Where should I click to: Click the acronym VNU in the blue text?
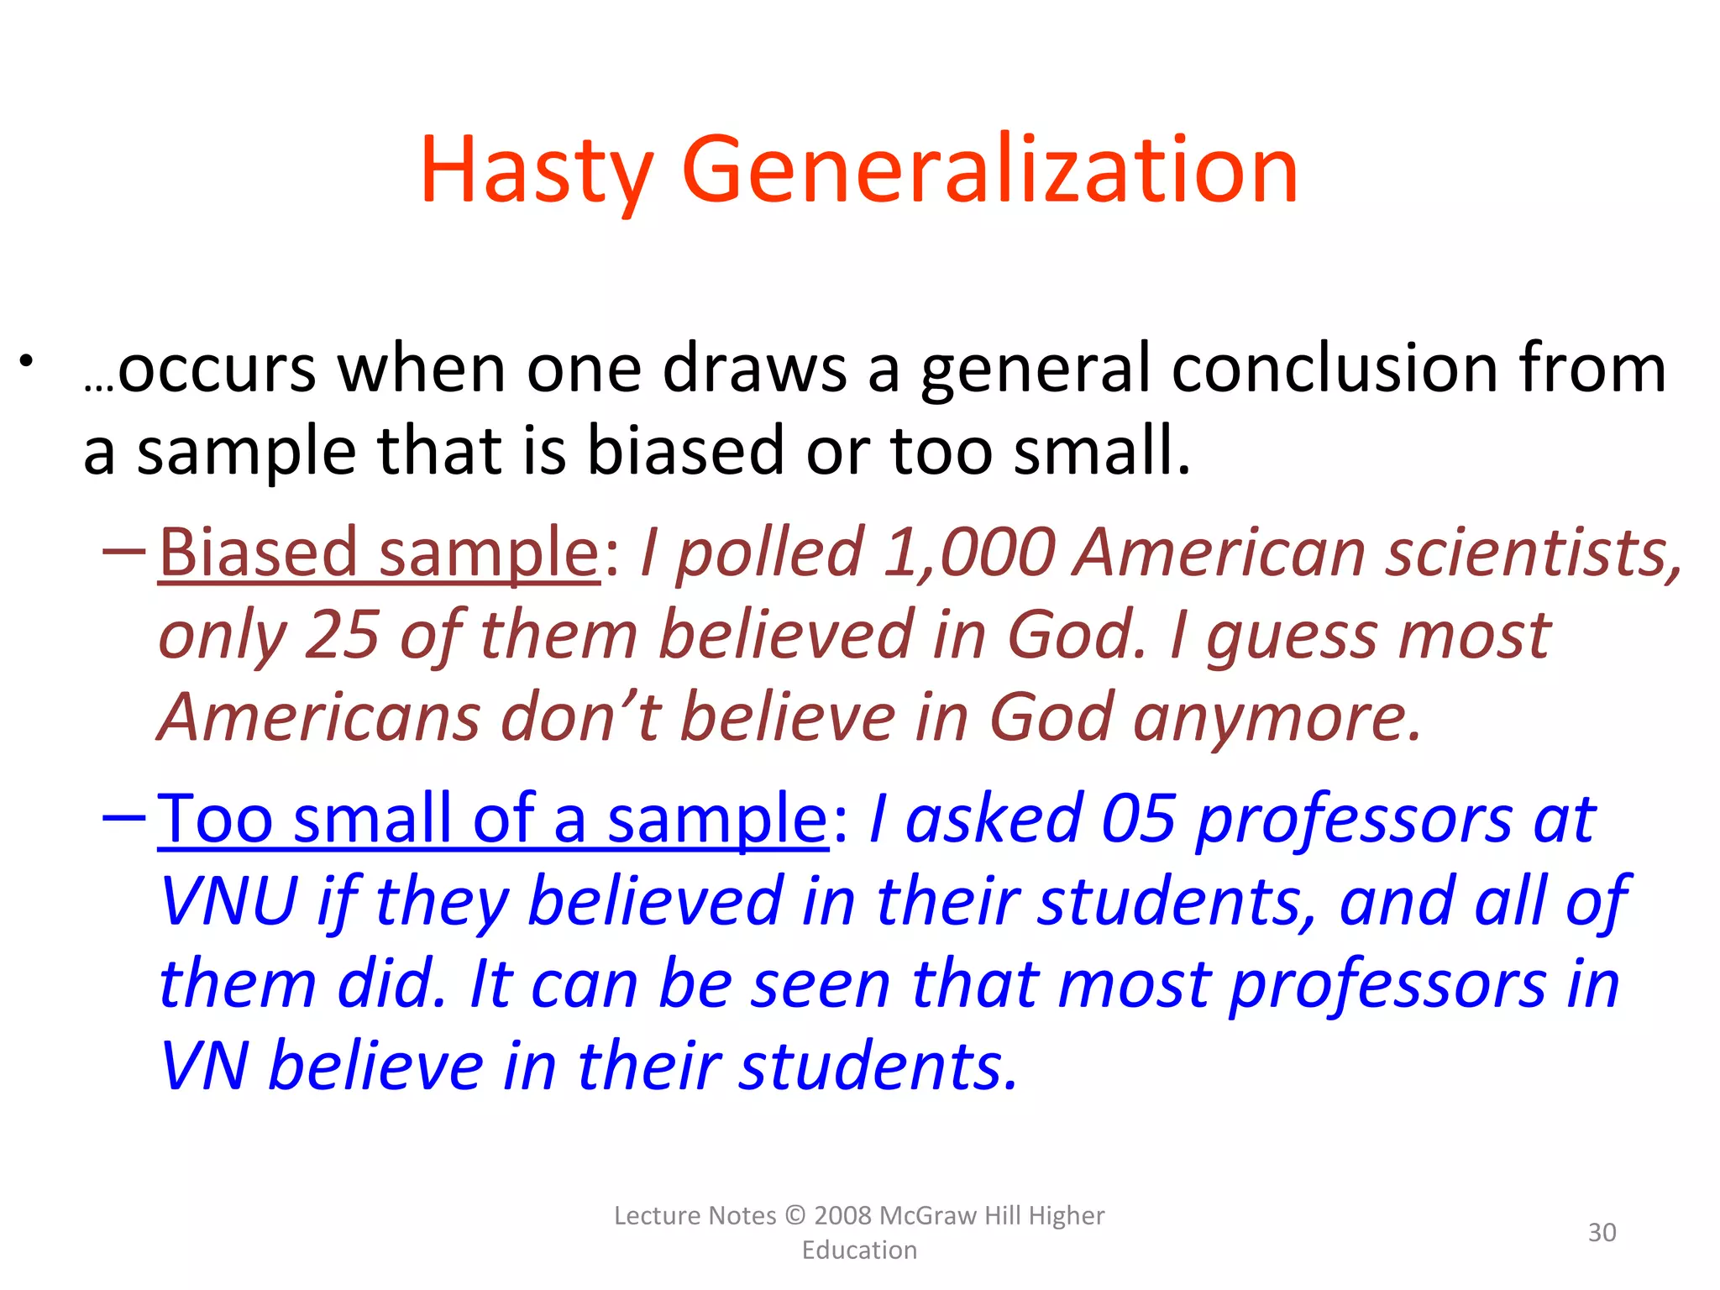pyautogui.click(x=228, y=901)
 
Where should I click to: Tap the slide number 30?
pyautogui.click(x=1602, y=1232)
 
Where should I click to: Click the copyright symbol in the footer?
pyautogui.click(x=794, y=1216)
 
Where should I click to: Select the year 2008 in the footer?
pyautogui.click(x=843, y=1216)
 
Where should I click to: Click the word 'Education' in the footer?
pyautogui.click(x=859, y=1251)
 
